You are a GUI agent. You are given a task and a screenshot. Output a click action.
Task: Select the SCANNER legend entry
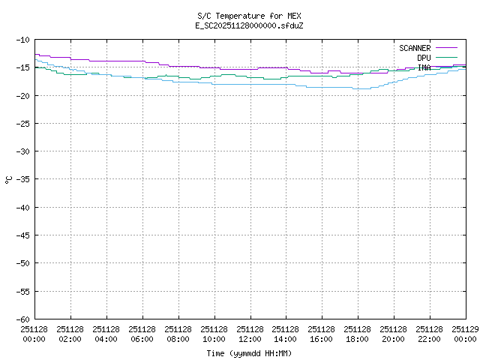pos(415,48)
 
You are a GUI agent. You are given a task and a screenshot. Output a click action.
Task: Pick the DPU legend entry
pos(424,58)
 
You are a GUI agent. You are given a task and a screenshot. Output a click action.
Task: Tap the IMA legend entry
pos(424,67)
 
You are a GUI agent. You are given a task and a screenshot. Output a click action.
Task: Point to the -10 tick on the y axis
pos(22,39)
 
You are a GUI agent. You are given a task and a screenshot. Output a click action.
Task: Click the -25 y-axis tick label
pos(22,123)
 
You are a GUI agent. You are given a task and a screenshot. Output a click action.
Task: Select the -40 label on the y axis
pos(22,207)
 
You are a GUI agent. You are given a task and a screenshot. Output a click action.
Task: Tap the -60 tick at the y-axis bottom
pos(22,319)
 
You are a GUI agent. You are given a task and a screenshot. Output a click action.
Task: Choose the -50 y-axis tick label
pos(22,263)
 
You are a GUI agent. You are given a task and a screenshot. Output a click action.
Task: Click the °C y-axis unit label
pos(8,179)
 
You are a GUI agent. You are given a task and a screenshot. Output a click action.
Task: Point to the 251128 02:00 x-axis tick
pos(70,334)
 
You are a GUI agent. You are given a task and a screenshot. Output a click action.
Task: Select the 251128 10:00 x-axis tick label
pos(214,334)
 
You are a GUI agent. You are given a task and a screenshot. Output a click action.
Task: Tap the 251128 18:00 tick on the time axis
pos(358,334)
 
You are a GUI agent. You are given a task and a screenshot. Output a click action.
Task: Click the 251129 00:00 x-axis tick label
pos(465,334)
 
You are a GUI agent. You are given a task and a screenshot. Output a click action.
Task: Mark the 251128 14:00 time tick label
pos(286,334)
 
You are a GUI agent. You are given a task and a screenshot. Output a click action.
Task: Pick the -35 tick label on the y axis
pos(22,179)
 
